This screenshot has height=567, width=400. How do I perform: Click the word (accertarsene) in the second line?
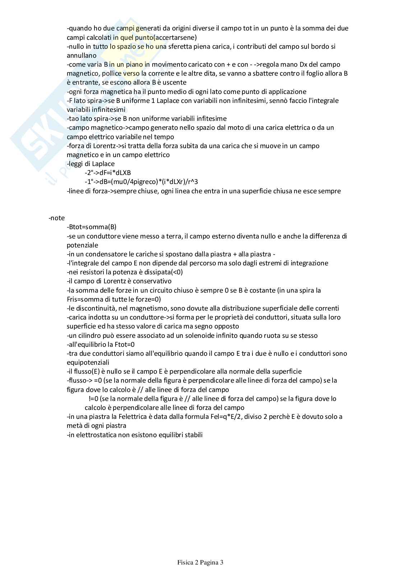175,37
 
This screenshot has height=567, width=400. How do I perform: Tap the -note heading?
57,218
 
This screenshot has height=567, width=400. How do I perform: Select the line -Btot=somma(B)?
92,227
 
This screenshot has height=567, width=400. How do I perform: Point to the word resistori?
92,272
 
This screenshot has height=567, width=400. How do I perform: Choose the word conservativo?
153,281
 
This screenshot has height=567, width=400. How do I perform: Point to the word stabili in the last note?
194,435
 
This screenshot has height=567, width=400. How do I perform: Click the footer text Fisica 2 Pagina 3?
200,562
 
